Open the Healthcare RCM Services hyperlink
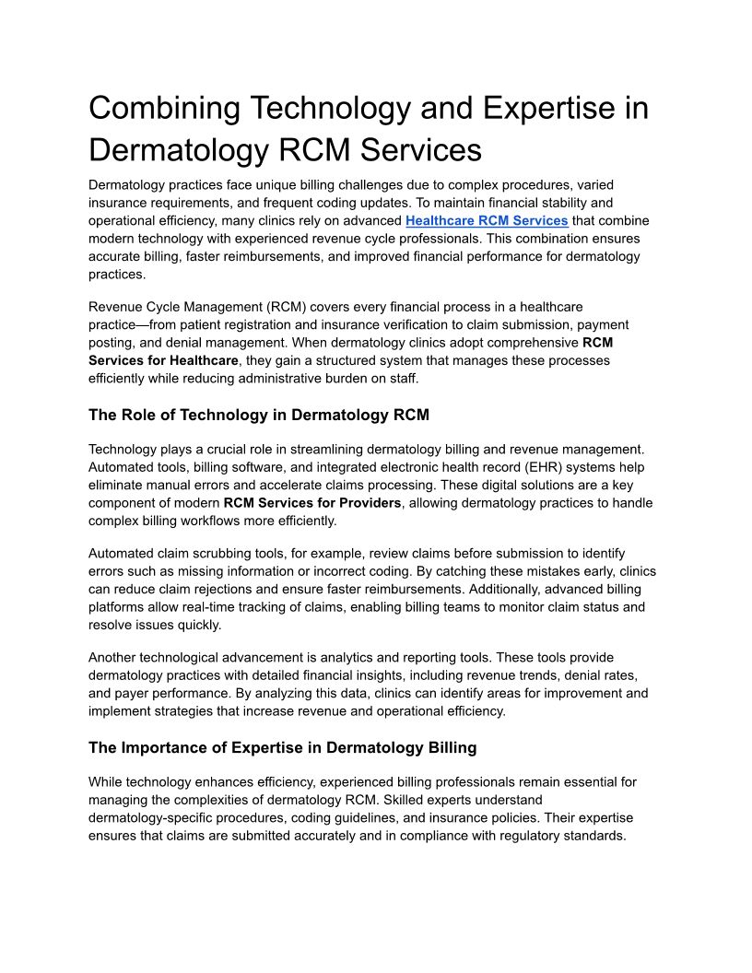487,220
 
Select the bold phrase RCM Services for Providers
312,502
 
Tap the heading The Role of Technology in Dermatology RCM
259,415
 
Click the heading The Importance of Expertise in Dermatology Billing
282,747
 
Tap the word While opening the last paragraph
107,782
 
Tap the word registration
251,324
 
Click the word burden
375,378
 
